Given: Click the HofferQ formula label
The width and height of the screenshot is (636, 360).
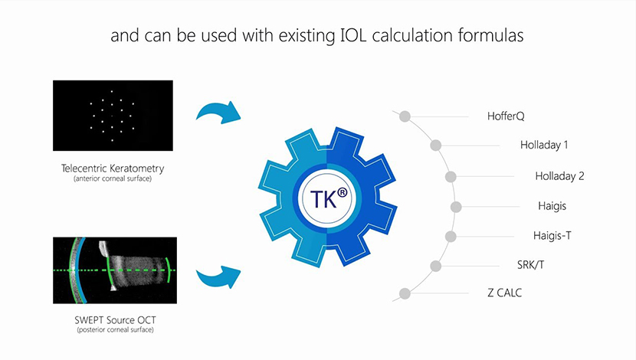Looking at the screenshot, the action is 506,116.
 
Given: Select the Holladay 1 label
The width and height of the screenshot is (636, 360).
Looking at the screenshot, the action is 544,145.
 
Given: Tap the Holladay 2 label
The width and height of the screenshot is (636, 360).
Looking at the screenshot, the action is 559,176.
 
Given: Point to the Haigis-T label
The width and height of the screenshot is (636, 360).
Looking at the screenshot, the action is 552,236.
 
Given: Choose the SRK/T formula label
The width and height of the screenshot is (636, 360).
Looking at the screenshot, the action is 530,265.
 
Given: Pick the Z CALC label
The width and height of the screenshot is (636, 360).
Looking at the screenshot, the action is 504,293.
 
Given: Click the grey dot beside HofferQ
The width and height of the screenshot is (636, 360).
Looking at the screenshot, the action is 405,116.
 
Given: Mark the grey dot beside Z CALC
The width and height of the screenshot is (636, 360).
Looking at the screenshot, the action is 405,293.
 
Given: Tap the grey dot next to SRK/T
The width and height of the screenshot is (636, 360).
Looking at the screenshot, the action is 436,266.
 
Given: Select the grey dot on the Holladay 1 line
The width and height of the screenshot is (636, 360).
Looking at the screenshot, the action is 436,145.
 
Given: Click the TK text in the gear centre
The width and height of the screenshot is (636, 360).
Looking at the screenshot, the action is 323,199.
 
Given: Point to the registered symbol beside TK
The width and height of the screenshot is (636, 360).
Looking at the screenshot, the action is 343,193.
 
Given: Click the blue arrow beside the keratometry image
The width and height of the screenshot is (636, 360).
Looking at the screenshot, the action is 219,113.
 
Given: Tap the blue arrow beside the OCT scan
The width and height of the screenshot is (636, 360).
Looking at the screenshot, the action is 219,277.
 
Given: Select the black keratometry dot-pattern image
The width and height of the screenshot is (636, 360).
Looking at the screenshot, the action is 113,116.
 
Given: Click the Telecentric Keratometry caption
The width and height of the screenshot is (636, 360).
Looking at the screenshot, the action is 113,169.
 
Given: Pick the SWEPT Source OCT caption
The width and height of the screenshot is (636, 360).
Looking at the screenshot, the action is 115,320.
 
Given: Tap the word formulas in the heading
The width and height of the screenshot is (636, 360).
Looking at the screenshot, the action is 490,35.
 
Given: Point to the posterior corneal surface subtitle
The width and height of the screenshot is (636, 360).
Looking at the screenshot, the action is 115,330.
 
